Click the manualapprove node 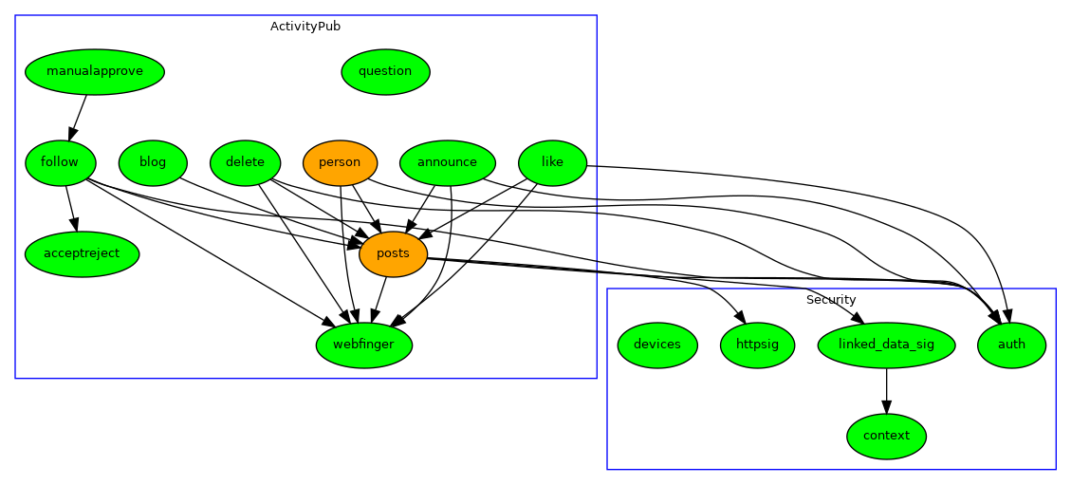click(x=95, y=71)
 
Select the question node click(x=385, y=71)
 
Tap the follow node click(x=60, y=162)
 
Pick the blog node click(x=153, y=162)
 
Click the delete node click(x=245, y=162)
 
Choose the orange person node click(x=340, y=162)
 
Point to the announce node click(x=448, y=162)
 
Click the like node click(x=552, y=162)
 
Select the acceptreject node click(x=82, y=253)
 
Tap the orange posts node click(x=393, y=253)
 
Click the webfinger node click(x=363, y=345)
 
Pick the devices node click(x=657, y=345)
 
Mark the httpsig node click(x=757, y=345)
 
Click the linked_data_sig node click(x=886, y=345)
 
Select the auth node click(x=1011, y=345)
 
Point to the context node click(x=886, y=436)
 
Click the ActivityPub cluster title click(x=305, y=27)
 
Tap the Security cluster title click(x=831, y=300)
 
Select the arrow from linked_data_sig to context click(x=886, y=390)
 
